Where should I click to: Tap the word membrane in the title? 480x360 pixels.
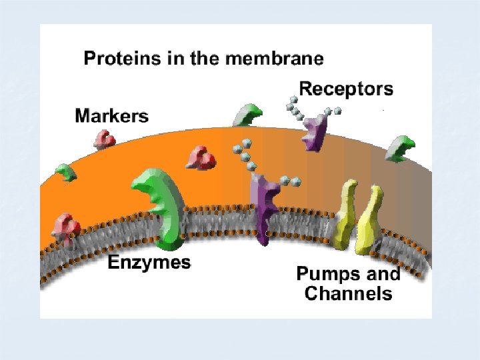[275, 59]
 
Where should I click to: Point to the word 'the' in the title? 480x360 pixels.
[205, 59]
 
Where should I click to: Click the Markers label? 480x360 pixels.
[111, 116]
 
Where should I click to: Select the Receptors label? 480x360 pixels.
[346, 89]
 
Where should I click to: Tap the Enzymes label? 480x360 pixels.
[149, 262]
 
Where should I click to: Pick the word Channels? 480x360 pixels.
[348, 293]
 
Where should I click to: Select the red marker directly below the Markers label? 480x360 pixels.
[104, 139]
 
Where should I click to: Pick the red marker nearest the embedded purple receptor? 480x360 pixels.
[201, 159]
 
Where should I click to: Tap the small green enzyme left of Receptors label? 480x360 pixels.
[246, 115]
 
